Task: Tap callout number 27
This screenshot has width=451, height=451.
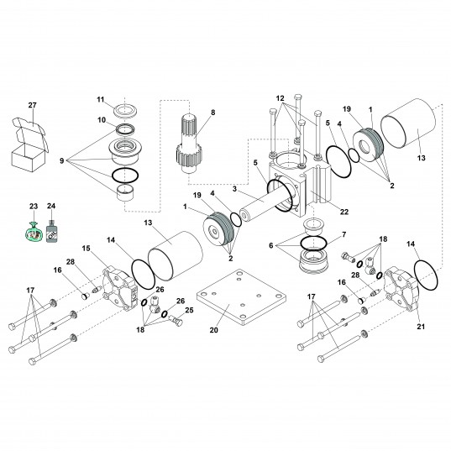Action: (33, 105)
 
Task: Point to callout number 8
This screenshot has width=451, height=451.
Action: (212, 112)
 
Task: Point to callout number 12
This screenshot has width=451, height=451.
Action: (281, 97)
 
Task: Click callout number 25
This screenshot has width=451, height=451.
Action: (189, 310)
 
